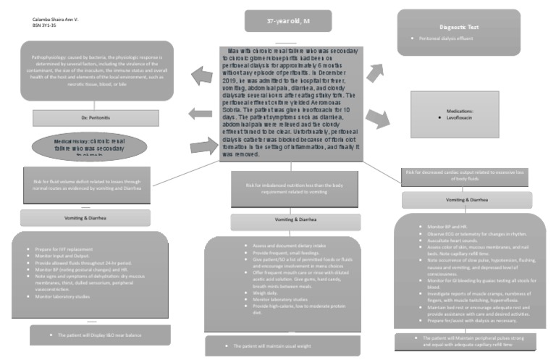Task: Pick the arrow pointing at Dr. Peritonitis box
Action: click(199, 113)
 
